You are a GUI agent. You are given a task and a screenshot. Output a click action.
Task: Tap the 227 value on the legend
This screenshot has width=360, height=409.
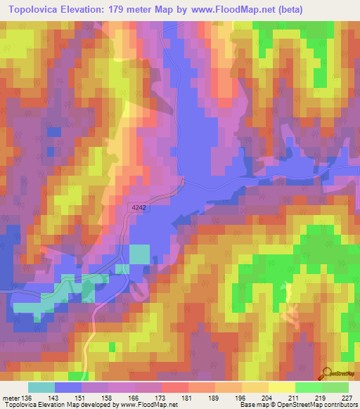point(346,398)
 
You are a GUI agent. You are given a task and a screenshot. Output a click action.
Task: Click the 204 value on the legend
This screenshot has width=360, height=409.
point(266,398)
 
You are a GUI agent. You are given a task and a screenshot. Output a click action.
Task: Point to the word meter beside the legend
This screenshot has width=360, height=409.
point(11,398)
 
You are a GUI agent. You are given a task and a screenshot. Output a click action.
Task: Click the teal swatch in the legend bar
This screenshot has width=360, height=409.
point(41,388)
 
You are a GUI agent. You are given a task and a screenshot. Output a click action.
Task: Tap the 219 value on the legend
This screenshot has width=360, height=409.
point(320,398)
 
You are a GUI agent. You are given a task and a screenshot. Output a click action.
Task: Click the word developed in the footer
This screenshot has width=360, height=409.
point(90,405)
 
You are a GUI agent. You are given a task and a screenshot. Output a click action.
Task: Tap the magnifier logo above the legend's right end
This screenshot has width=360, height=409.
point(327,372)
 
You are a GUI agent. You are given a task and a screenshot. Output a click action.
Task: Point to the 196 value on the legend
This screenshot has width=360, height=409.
point(240,398)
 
